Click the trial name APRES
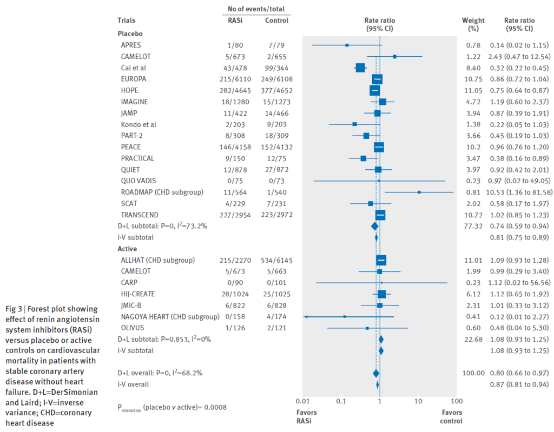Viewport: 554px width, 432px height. coord(131,45)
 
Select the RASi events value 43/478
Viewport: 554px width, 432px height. coord(235,68)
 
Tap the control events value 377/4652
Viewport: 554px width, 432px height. coord(276,90)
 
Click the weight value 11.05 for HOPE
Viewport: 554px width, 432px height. coord(469,90)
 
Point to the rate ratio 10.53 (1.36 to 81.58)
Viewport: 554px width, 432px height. coord(520,192)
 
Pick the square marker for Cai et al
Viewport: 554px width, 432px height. coord(360,68)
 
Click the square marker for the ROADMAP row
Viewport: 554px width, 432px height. coord(419,192)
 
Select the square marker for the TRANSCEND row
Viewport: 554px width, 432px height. coord(380,215)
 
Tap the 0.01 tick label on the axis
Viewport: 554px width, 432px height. coord(303,401)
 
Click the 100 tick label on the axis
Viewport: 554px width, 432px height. coord(457,401)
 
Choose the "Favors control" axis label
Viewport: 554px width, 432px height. coord(451,416)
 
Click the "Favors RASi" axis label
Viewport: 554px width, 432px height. coord(307,416)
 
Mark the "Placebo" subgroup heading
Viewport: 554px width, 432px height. coord(130,33)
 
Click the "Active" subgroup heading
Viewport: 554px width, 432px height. coord(127,249)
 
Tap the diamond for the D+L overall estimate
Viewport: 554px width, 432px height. coord(376,373)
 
